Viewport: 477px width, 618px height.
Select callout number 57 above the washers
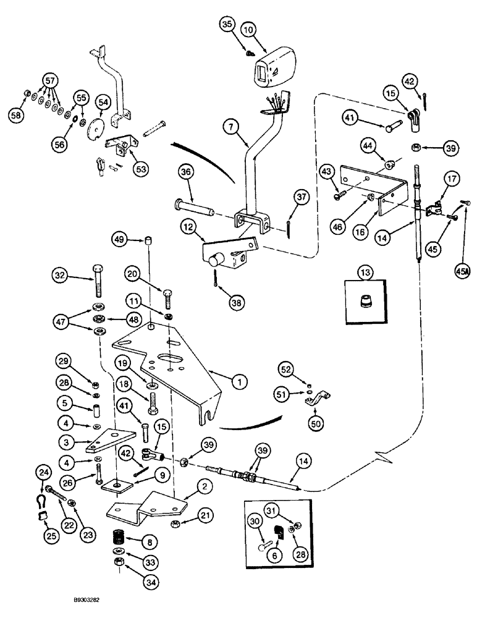click(x=50, y=81)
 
